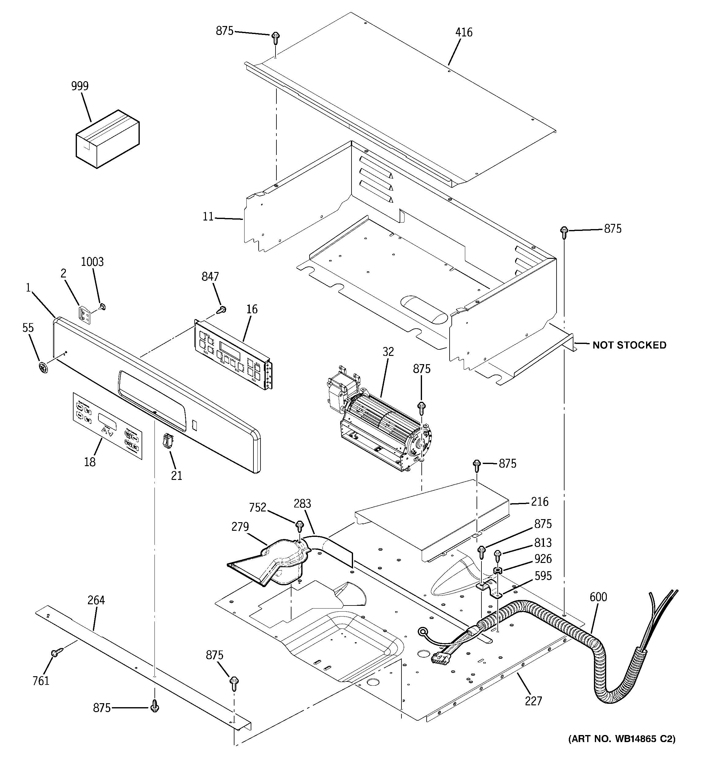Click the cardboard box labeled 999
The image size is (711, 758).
click(x=107, y=140)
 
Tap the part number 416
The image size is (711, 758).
click(x=464, y=33)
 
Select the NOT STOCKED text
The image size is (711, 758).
click(x=629, y=345)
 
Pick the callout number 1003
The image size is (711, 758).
click(x=92, y=262)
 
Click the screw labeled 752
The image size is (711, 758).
click(x=300, y=526)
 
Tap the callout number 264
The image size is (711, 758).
click(x=96, y=601)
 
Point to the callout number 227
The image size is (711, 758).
click(x=533, y=701)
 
